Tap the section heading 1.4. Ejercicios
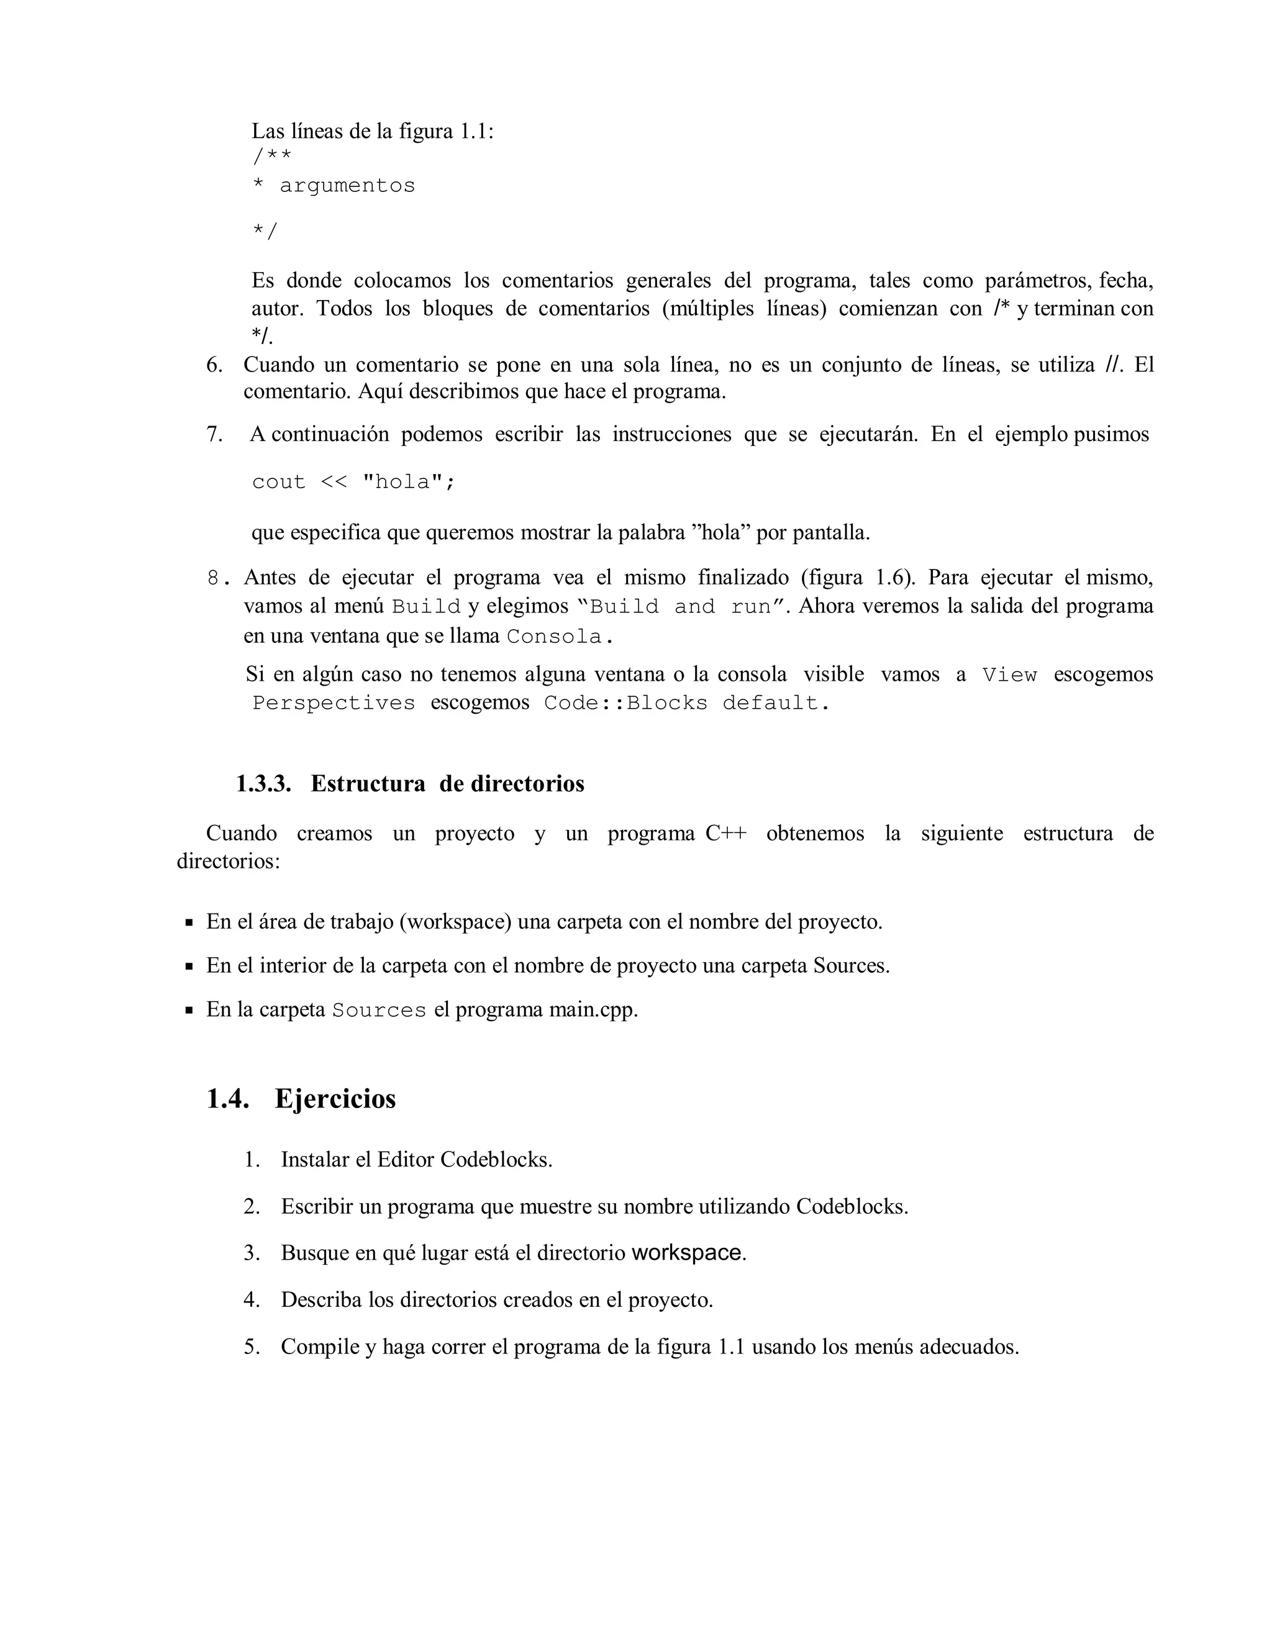301,1098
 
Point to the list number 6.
214,365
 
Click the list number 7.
214,434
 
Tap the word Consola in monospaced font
554,637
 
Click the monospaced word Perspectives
333,703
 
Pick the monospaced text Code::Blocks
625,703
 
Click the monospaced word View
1010,675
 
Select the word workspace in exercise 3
686,1253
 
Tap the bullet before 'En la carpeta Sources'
189,1010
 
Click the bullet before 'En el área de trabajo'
189,922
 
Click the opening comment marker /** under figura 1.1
271,157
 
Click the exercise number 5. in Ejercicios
252,1346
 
